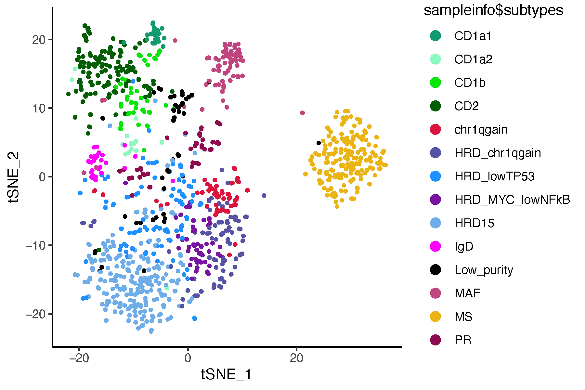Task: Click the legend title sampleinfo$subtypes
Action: tap(493, 10)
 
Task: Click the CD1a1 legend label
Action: tap(473, 36)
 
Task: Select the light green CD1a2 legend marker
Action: tap(435, 59)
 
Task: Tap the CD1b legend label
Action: tap(470, 83)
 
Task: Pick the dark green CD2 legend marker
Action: tap(435, 106)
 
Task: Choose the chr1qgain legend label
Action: tap(481, 130)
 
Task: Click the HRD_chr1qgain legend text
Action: tap(498, 153)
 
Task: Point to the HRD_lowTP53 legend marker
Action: tap(435, 176)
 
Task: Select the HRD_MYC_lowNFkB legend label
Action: tap(512, 200)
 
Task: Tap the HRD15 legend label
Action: tap(474, 223)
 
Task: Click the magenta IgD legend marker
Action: tap(435, 246)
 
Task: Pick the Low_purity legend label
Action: tap(484, 270)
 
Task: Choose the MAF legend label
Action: tap(467, 293)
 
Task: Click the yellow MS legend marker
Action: tap(435, 317)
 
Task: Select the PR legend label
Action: tap(463, 340)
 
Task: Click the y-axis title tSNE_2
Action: tap(15, 177)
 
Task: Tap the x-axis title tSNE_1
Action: tap(226, 375)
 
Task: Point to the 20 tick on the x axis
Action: tap(296, 358)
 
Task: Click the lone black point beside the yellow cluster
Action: tap(319, 143)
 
